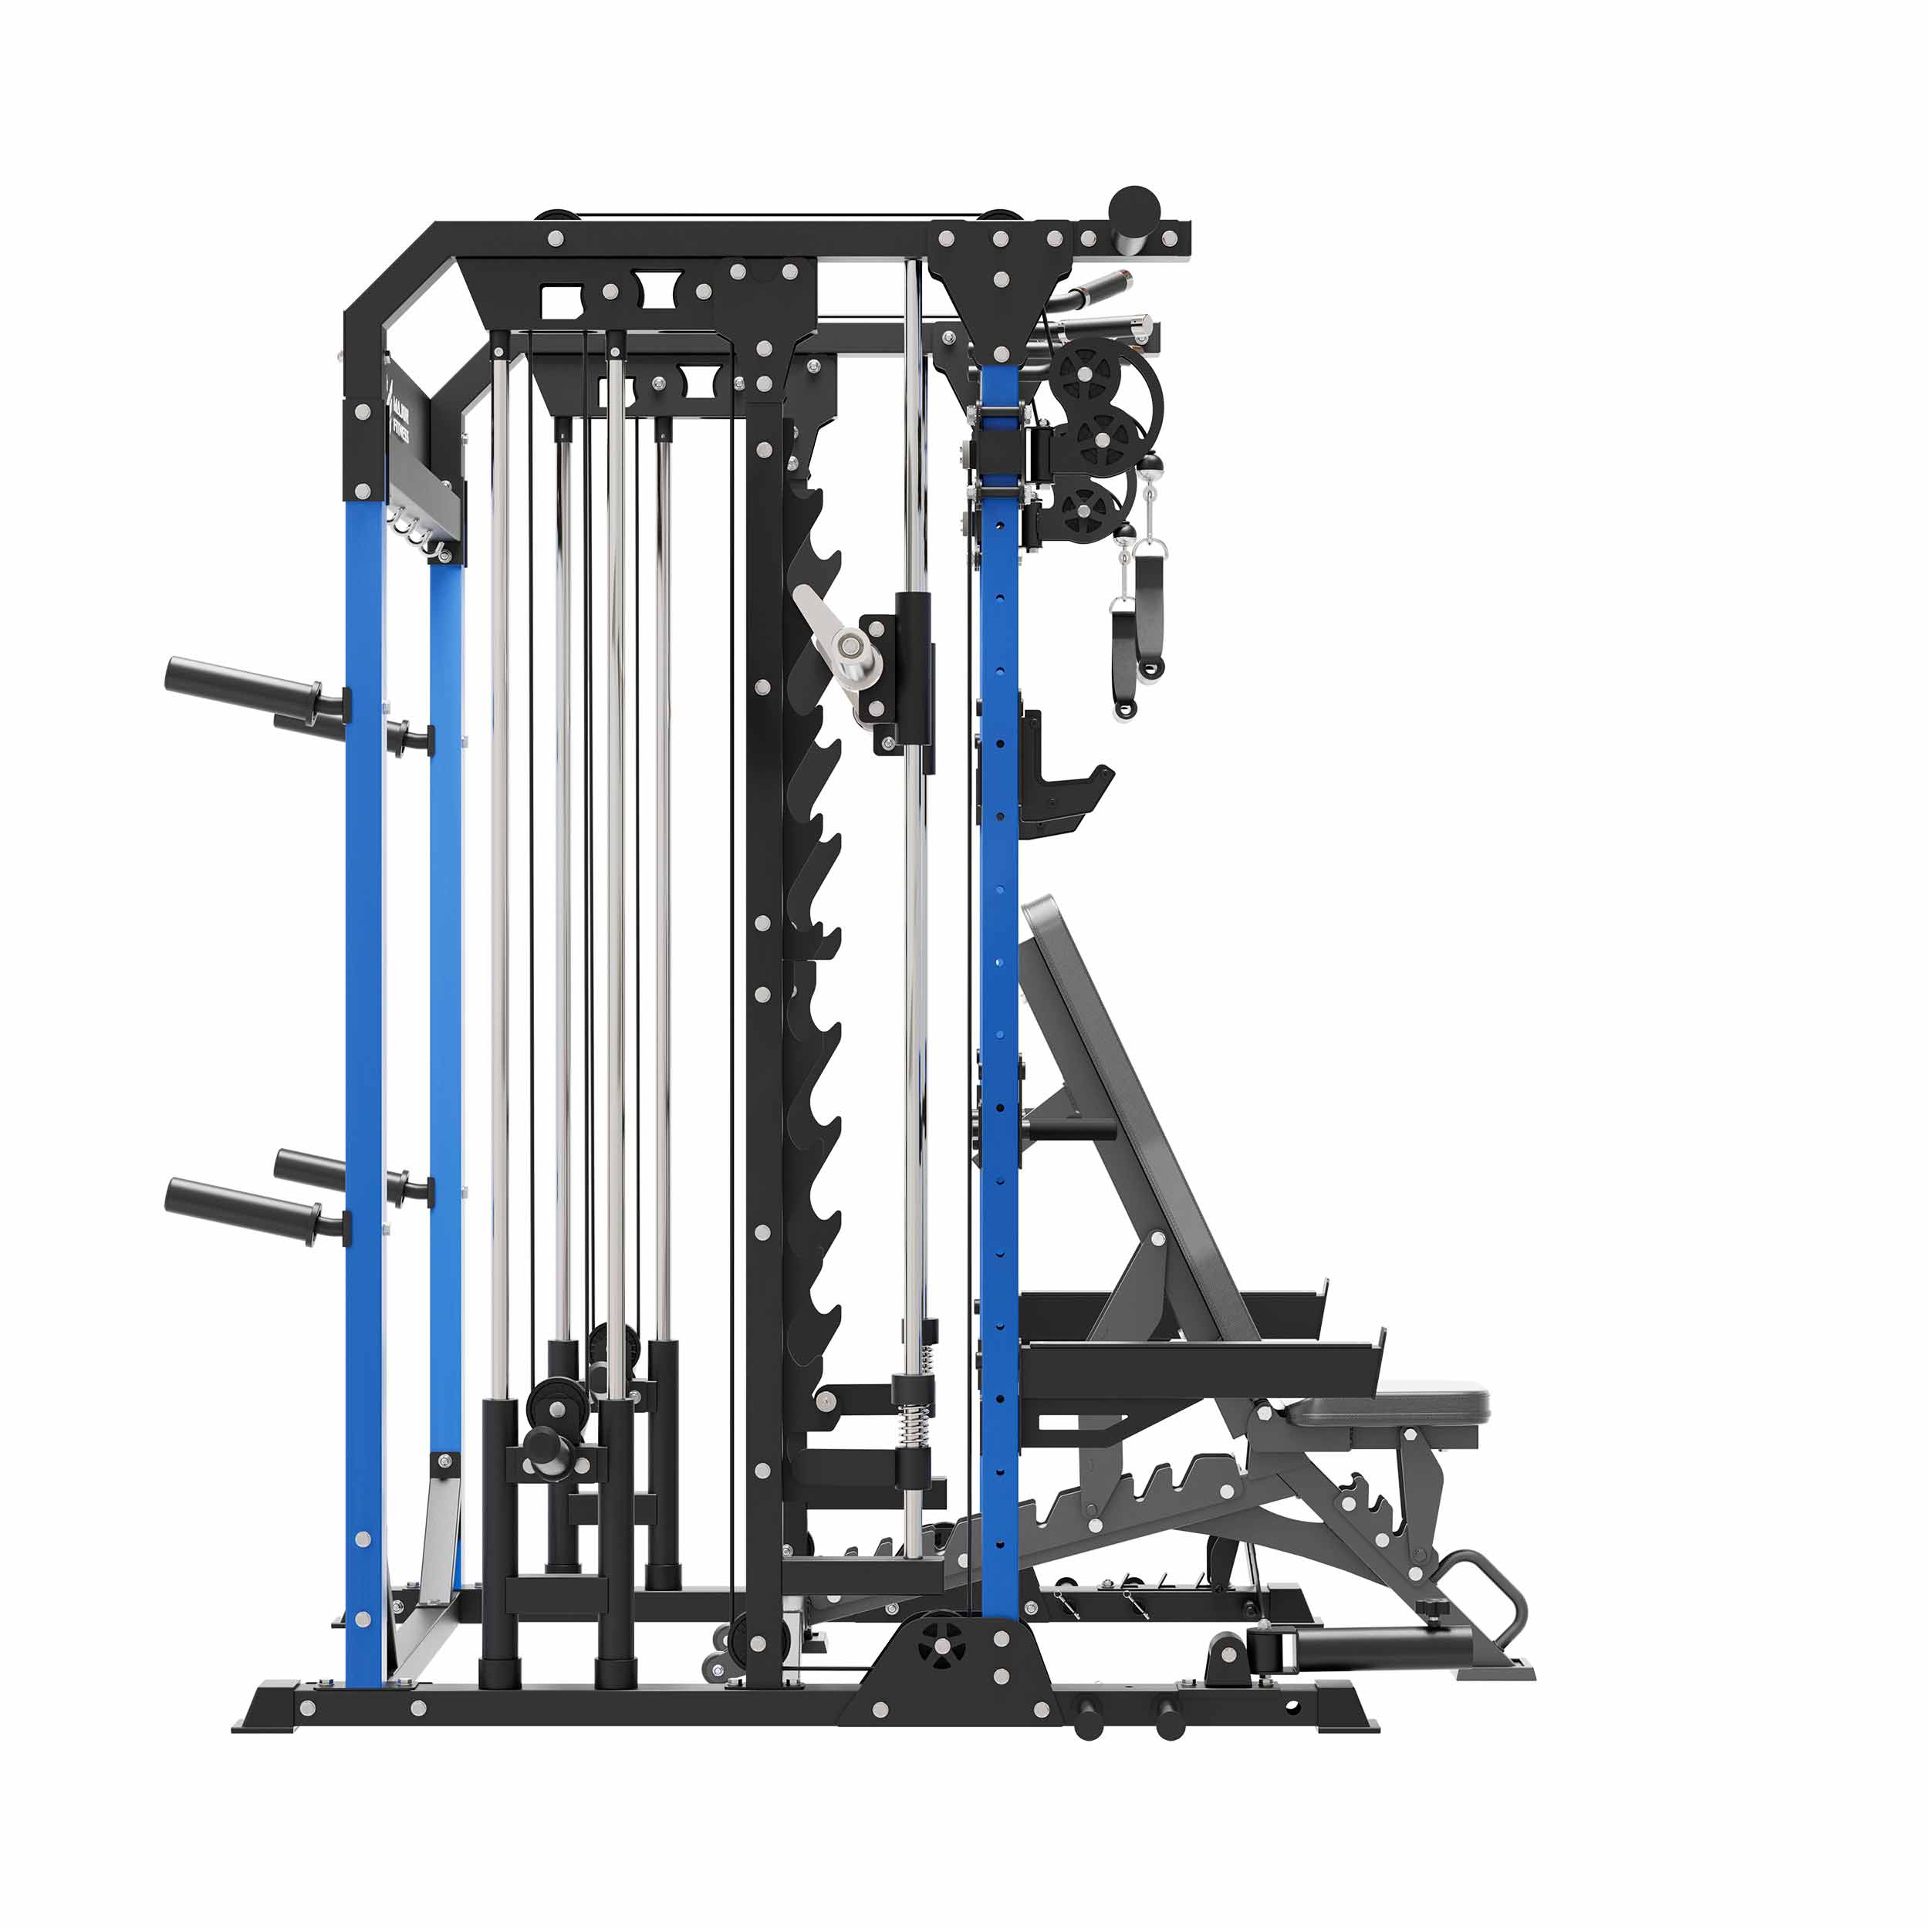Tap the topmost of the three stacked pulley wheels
point(1084,370)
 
